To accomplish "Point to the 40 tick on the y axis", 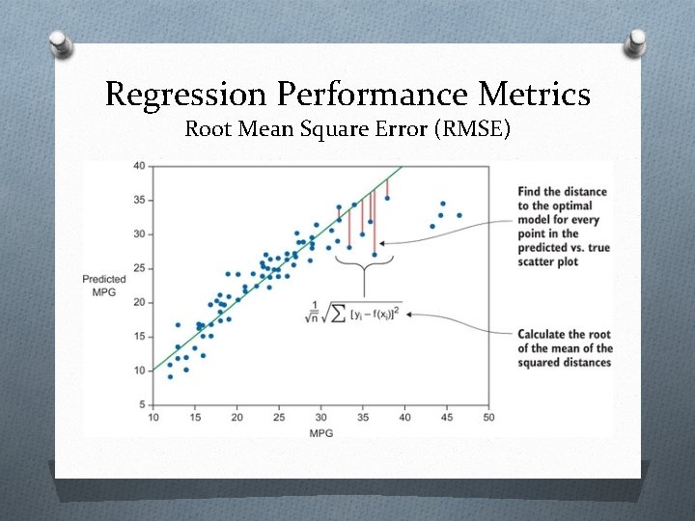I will tap(139, 166).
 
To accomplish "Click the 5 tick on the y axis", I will tap(142, 404).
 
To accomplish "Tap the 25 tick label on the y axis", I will tap(139, 268).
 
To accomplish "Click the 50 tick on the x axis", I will tap(488, 418).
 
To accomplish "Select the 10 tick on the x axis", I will tap(153, 418).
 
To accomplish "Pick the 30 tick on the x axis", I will tap(320, 418).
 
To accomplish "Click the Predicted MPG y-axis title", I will tap(104, 286).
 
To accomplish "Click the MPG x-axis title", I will tap(322, 432).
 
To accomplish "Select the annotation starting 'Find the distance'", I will tap(564, 227).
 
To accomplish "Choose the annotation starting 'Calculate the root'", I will tap(565, 348).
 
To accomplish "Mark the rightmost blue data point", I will tap(459, 215).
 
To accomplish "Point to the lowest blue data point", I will tap(170, 376).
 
